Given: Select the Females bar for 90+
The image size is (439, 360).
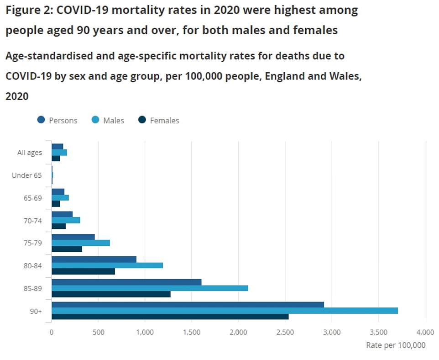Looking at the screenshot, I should (170, 317).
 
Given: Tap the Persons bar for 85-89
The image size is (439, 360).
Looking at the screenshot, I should (126, 282).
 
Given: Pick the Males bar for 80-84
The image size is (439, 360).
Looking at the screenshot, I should (107, 265).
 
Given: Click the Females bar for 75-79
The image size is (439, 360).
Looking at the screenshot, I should (67, 249).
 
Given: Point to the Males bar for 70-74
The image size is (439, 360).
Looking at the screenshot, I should (66, 220).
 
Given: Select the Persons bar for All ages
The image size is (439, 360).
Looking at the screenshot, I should (57, 147).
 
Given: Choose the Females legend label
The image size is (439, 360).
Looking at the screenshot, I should (164, 121).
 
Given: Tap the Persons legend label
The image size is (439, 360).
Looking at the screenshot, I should (63, 121).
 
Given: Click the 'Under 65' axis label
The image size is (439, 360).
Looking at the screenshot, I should (27, 175).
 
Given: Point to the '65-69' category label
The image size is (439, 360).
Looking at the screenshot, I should (32, 198).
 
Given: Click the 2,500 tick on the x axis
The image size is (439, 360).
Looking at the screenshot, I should (285, 333).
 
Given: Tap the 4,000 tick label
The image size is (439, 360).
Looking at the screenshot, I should (425, 333).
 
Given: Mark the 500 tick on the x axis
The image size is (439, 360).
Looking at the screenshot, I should (98, 333).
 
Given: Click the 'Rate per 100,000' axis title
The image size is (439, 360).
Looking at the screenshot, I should (396, 345).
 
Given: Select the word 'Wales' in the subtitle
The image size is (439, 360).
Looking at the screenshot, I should (345, 76).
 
